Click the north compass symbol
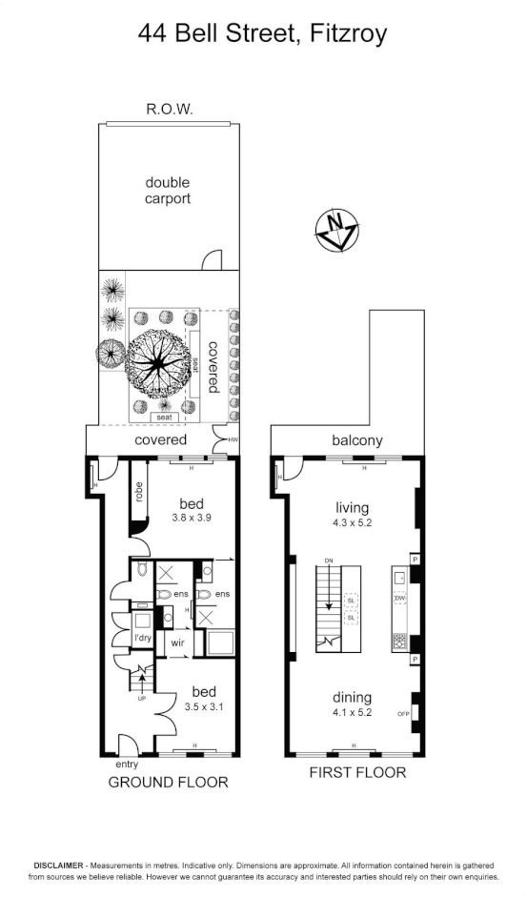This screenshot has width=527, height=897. [x=334, y=230]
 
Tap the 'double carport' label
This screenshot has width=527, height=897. [x=168, y=191]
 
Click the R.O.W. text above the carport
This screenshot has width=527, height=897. [x=169, y=110]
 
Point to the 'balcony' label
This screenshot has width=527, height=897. [x=357, y=440]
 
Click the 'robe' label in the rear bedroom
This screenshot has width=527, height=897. [x=137, y=491]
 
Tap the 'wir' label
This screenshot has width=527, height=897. [x=177, y=643]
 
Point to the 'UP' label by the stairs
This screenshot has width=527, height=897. [x=143, y=698]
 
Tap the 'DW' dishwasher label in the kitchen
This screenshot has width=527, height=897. [x=399, y=599]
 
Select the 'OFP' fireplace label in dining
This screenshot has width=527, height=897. [x=403, y=713]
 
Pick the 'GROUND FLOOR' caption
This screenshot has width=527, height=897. [x=168, y=782]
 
